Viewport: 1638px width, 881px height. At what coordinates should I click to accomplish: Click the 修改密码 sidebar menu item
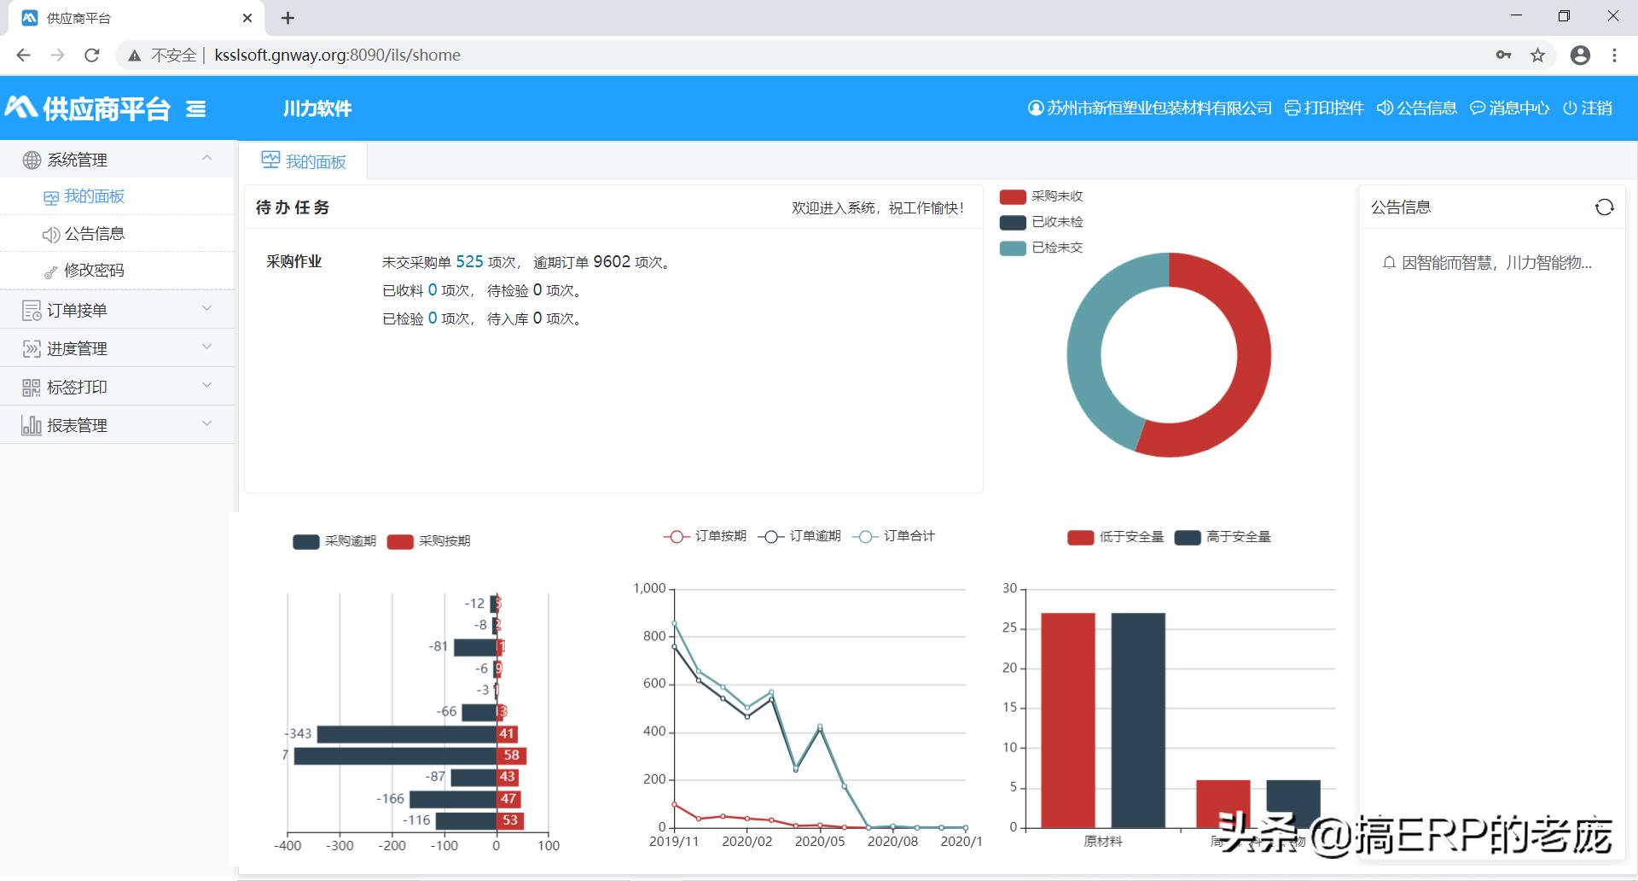point(94,271)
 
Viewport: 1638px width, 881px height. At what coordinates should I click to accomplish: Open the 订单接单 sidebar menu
point(77,310)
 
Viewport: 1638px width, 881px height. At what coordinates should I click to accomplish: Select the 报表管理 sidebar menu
point(77,425)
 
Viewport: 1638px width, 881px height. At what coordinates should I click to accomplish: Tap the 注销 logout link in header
point(1588,108)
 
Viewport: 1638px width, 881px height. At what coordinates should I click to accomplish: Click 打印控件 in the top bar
point(1325,108)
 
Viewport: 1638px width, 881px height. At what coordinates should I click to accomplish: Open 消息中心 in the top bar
point(1510,108)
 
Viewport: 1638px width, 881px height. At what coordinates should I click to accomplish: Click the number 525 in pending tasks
point(469,262)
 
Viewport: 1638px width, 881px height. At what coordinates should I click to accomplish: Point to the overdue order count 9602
point(612,262)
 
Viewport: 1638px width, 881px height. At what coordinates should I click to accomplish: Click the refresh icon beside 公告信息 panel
point(1604,207)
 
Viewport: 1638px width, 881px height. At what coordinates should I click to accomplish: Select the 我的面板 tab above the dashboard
point(305,161)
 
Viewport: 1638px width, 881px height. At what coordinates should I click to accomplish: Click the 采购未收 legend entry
point(1042,196)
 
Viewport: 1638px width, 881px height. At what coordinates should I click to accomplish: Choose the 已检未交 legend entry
point(1042,248)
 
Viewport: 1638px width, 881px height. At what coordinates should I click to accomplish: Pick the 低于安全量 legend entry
point(1116,537)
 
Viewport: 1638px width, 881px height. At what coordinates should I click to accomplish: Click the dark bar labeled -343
point(406,734)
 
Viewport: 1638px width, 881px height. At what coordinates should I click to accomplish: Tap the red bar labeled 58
point(511,756)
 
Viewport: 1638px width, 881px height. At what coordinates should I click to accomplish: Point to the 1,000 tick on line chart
point(649,588)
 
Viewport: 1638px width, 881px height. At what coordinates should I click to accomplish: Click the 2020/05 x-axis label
point(820,842)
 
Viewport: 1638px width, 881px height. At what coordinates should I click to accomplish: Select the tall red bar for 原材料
point(1068,720)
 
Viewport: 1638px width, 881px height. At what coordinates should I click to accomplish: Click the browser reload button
point(92,55)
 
